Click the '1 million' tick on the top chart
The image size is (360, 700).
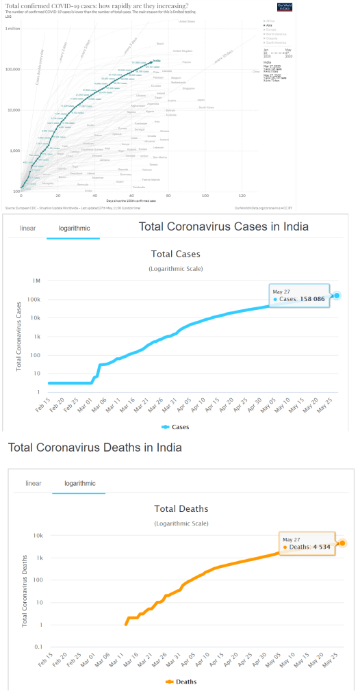tap(12, 29)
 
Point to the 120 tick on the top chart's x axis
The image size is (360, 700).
tap(242, 196)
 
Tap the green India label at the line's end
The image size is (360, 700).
tap(157, 62)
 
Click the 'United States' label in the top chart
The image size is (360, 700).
tap(186, 21)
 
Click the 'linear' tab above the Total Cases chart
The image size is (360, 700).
tap(28, 229)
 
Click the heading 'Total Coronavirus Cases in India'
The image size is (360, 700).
tap(224, 226)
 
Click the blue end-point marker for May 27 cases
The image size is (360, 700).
tap(337, 295)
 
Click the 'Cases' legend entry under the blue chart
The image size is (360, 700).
tap(178, 427)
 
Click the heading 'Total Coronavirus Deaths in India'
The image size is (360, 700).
tap(95, 448)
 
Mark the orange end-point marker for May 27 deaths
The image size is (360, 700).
tap(342, 543)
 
